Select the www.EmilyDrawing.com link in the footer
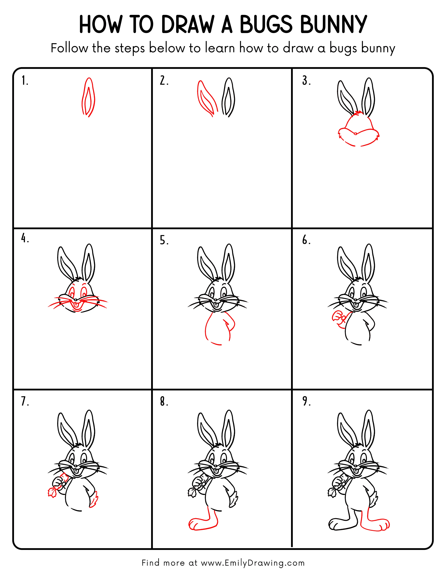click(253, 563)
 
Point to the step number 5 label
click(164, 240)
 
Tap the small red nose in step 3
click(355, 134)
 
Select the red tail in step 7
click(94, 499)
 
